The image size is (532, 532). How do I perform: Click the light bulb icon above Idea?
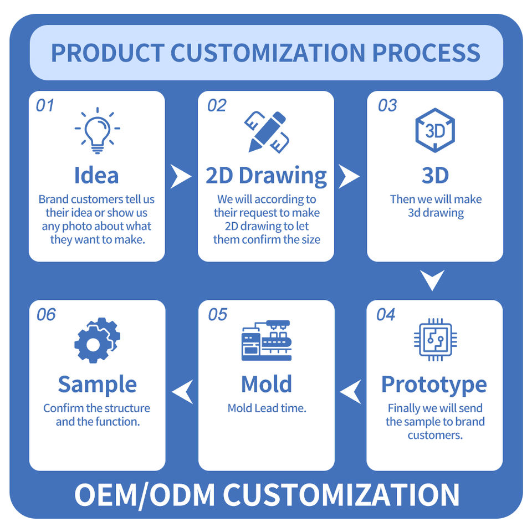pos(97,131)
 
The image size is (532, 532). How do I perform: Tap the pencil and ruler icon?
pos(267,132)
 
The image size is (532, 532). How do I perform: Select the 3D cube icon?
pos(435,131)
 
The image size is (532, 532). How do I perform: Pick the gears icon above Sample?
pos(97,340)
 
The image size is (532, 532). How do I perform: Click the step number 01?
pos(45,105)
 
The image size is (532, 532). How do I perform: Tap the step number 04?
pos(385,315)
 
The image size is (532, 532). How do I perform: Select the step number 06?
pos(46,315)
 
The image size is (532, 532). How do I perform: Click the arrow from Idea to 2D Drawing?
pos(181,177)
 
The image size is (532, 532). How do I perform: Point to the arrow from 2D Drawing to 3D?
pos(350,177)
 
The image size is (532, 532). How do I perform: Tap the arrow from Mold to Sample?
pos(182,391)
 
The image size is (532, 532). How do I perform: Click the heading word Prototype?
pos(434,384)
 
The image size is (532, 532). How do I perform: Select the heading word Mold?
pos(267,384)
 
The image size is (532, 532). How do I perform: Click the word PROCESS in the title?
pos(426,53)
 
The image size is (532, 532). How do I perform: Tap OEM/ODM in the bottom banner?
pos(144,494)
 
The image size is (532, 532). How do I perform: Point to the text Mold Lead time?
pos(267,408)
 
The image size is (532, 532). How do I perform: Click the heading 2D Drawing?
pos(267,176)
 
